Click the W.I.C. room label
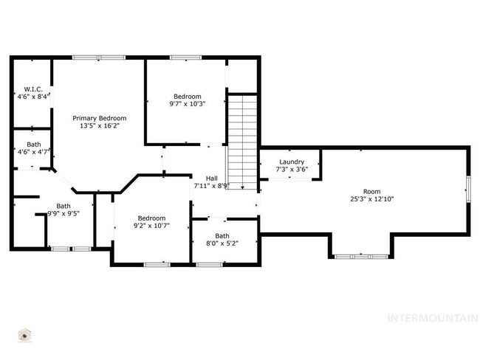(33, 89)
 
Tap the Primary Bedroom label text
(100, 118)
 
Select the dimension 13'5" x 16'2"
(100, 125)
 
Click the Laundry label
(292, 162)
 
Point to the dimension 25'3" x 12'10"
(372, 199)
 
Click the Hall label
(212, 179)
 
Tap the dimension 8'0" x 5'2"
(222, 243)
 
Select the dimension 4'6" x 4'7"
(34, 152)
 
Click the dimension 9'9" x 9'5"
(64, 213)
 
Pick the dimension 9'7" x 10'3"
(188, 104)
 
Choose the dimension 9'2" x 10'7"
(152, 226)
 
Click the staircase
(242, 142)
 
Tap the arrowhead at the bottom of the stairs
(242, 187)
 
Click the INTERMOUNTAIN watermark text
(433, 319)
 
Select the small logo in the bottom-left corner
(24, 336)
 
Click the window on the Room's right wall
(468, 189)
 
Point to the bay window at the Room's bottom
(361, 257)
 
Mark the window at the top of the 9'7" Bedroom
(186, 58)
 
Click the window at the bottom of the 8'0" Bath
(210, 265)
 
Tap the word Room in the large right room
(372, 192)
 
